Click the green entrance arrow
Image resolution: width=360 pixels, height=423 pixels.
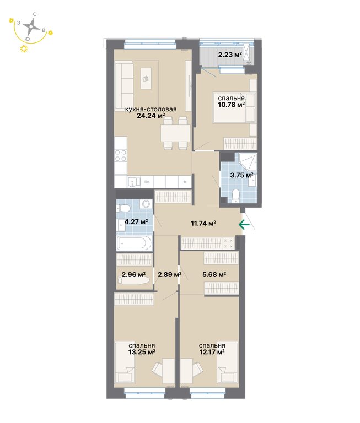(x=244, y=224)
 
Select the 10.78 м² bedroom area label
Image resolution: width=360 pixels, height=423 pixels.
(x=232, y=105)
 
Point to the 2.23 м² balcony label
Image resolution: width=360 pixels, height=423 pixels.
(x=230, y=55)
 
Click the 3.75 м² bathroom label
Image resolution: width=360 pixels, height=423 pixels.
(x=241, y=175)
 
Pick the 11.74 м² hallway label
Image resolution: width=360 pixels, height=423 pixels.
(x=203, y=223)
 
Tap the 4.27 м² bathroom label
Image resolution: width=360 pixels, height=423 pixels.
(x=136, y=222)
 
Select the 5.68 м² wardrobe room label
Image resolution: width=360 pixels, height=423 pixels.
(x=214, y=275)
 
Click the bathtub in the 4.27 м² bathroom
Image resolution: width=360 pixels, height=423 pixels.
(x=135, y=243)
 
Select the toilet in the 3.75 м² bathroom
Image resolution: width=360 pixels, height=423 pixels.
(x=236, y=196)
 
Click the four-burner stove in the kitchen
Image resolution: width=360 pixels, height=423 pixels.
(x=121, y=156)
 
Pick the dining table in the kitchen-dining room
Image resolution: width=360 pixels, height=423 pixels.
(x=175, y=133)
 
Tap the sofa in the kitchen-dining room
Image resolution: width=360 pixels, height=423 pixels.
(x=123, y=85)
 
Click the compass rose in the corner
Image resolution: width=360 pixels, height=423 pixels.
(x=31, y=26)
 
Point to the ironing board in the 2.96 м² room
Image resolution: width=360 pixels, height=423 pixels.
(x=133, y=280)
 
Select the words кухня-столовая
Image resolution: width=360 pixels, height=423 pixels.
(x=151, y=109)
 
